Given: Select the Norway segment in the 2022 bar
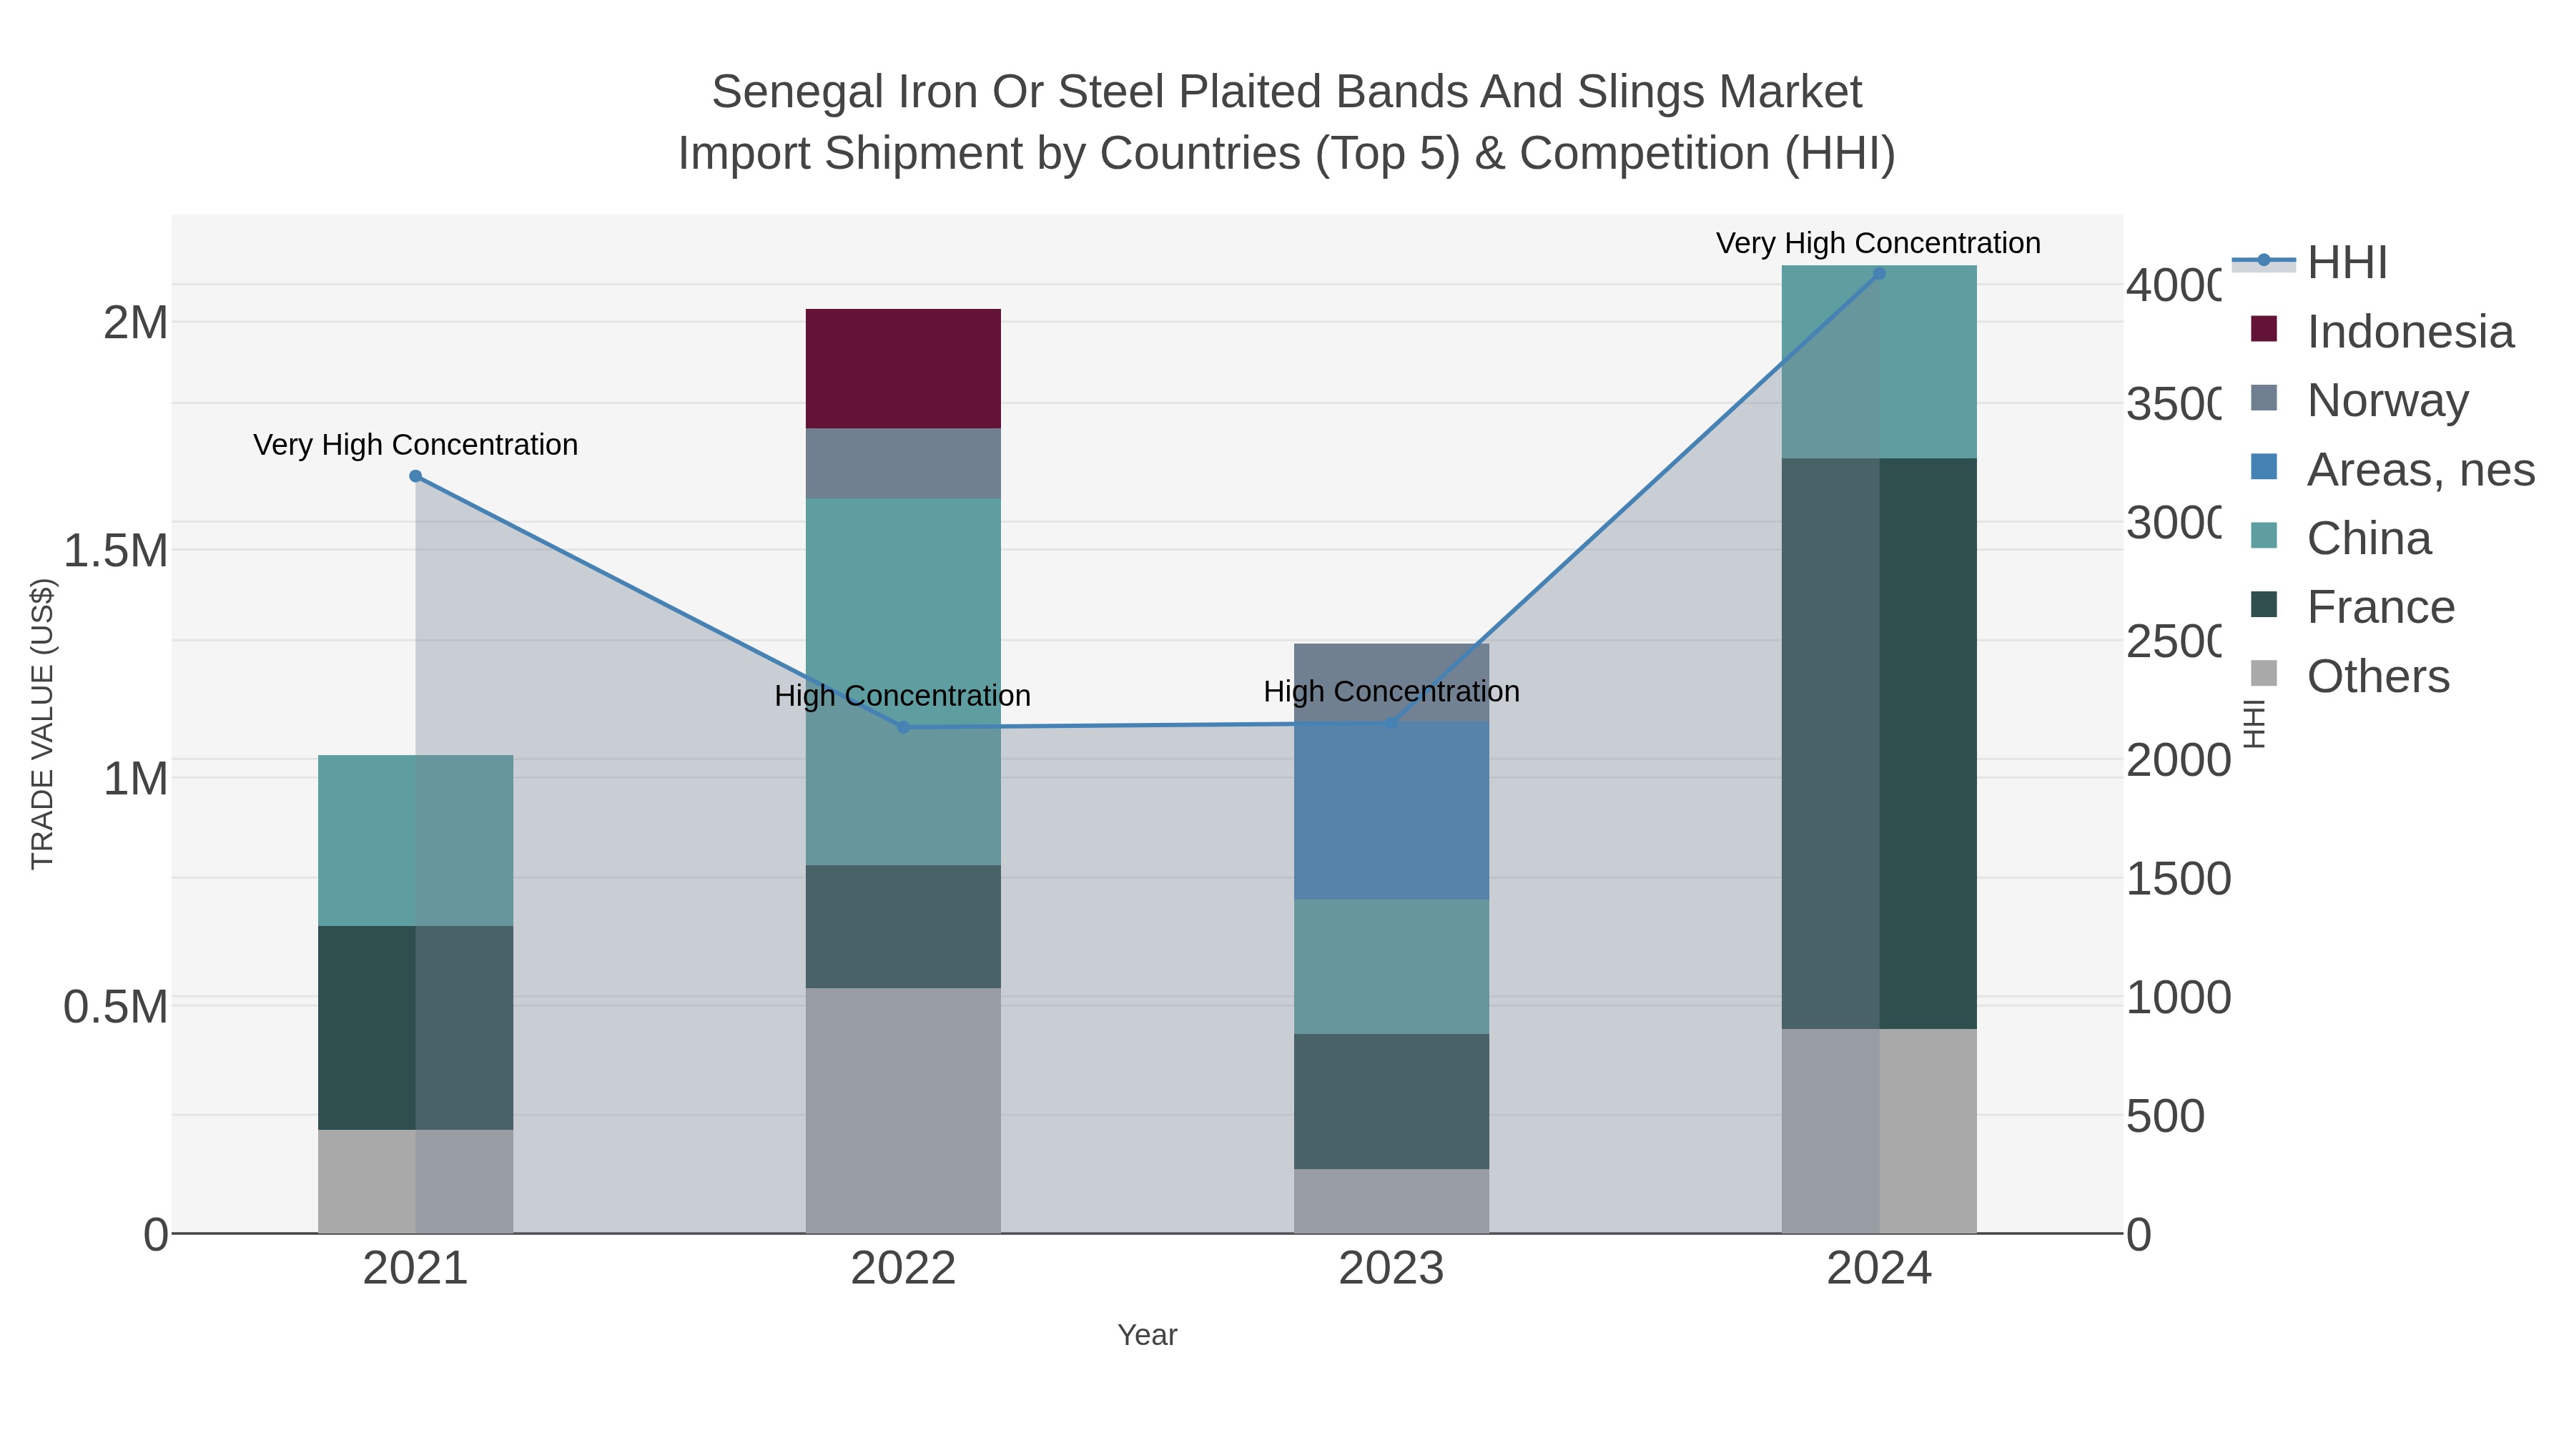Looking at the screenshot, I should (x=902, y=463).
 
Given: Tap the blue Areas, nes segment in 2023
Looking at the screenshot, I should (x=1391, y=809).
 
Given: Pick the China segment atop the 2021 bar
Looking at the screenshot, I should (x=415, y=839).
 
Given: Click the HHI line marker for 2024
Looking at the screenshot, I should (x=1878, y=274).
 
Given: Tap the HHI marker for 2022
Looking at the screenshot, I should (x=903, y=727).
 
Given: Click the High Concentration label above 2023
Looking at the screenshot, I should (x=1391, y=691).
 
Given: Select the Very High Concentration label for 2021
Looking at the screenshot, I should (x=415, y=445).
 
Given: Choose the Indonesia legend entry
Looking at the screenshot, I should (x=2408, y=332).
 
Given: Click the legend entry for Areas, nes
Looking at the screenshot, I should (x=2419, y=470).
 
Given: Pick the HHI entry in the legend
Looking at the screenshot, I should (x=2346, y=263).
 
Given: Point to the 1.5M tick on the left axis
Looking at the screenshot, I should (x=116, y=551).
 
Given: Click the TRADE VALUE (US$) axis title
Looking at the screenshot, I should (x=42, y=724).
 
